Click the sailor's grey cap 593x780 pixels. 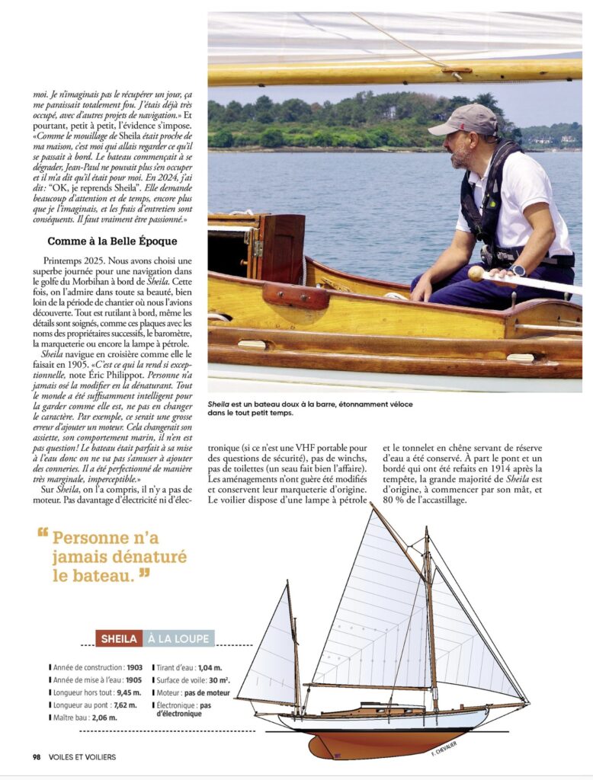(466, 120)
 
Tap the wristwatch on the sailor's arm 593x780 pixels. (519, 270)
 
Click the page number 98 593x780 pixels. (37, 756)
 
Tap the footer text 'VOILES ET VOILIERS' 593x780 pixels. (82, 756)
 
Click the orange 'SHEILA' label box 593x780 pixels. (119, 638)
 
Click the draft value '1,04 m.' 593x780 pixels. (211, 666)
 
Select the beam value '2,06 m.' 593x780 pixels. (105, 718)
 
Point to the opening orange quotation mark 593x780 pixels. (43, 534)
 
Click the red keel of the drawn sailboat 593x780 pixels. (366, 743)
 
